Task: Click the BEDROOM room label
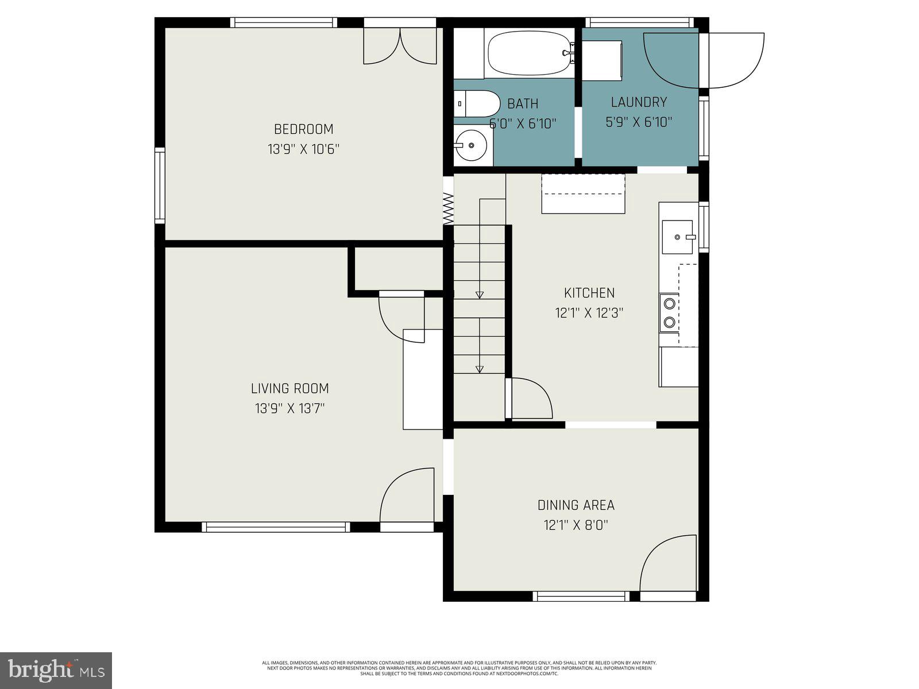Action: click(x=303, y=129)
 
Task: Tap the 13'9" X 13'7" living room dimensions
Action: click(x=290, y=409)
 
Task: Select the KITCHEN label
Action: click(x=589, y=293)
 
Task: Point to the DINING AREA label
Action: click(x=576, y=505)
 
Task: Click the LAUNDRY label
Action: click(x=639, y=102)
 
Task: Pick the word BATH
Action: click(x=523, y=104)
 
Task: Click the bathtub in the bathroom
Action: click(x=528, y=53)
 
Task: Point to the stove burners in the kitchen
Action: click(x=669, y=313)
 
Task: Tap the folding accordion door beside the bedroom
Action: click(x=449, y=208)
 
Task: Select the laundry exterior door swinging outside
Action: click(x=735, y=60)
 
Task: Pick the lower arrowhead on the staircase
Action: click(x=480, y=369)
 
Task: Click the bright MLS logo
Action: click(x=56, y=670)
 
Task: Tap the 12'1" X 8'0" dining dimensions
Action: click(x=576, y=525)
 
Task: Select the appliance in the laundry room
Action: click(x=603, y=60)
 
